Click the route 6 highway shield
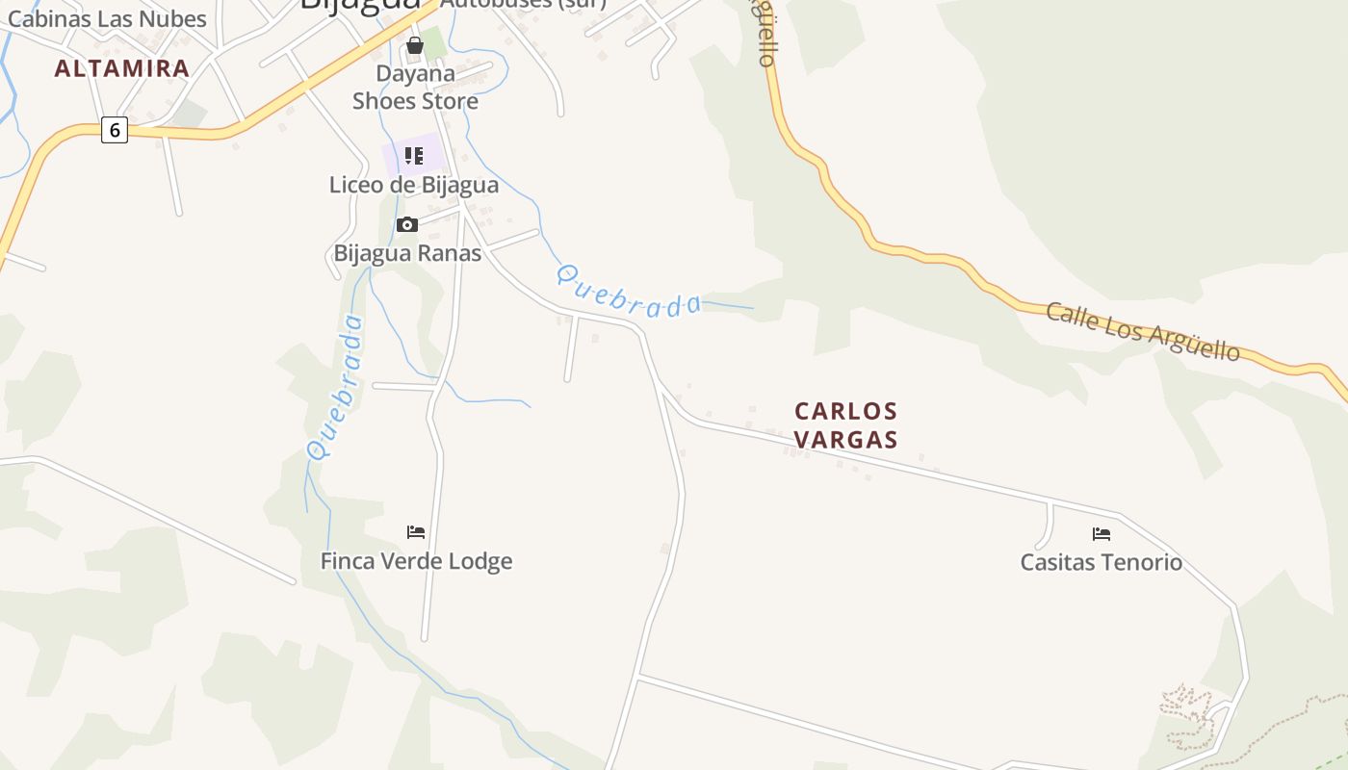[115, 130]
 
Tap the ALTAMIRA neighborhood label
[122, 68]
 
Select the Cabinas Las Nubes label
[107, 18]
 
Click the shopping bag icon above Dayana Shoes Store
[415, 45]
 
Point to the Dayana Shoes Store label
[415, 87]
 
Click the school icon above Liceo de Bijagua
[414, 156]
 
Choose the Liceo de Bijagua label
[414, 185]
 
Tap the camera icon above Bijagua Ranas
[407, 225]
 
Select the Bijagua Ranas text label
[407, 253]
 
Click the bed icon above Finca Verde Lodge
[416, 532]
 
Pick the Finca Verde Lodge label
[416, 561]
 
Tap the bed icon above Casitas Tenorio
[1102, 533]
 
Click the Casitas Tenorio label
[1102, 562]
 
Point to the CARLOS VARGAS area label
[846, 425]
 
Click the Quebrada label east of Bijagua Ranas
[630, 293]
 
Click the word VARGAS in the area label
[846, 440]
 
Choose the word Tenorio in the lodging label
[1140, 562]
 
